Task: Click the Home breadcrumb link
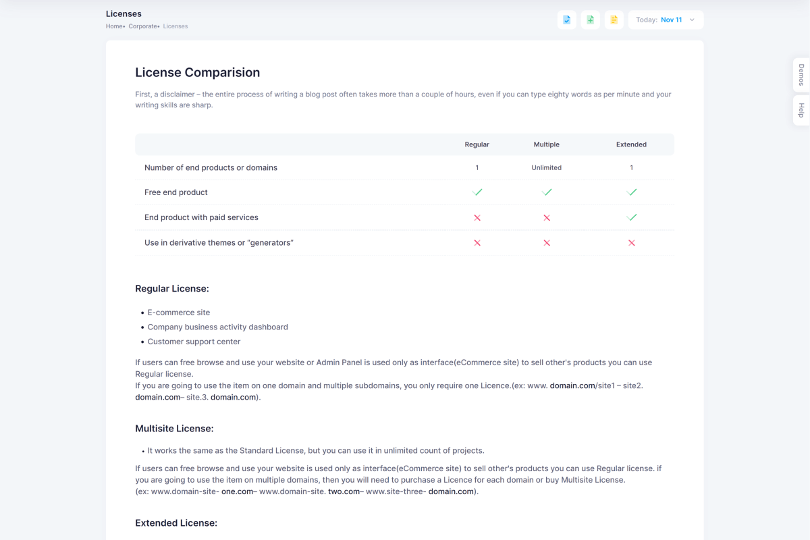(x=114, y=26)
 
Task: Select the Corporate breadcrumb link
(x=143, y=26)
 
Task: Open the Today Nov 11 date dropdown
(x=666, y=20)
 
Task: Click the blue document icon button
(x=567, y=20)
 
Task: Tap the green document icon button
(x=591, y=20)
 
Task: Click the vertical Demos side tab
(x=801, y=75)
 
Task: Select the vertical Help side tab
(x=801, y=111)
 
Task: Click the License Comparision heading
(x=197, y=73)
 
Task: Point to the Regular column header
(x=477, y=144)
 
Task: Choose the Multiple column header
(x=546, y=144)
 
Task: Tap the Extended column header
(x=631, y=144)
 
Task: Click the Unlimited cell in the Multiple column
(x=546, y=167)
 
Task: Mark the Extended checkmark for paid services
(x=631, y=217)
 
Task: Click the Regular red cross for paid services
(x=477, y=218)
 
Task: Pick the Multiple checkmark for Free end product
(x=547, y=192)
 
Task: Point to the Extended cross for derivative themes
(x=631, y=243)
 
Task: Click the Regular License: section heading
(x=172, y=289)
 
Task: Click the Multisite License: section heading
(x=174, y=429)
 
